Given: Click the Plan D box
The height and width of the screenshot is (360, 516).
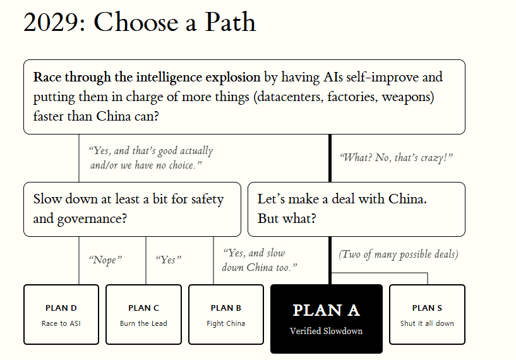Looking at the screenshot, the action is (61, 315).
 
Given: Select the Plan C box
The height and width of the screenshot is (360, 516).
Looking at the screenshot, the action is (143, 315).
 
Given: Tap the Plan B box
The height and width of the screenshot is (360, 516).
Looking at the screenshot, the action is (226, 315).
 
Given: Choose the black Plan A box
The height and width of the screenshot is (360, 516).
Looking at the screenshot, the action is (327, 319).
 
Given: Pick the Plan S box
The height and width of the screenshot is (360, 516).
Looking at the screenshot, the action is (427, 315).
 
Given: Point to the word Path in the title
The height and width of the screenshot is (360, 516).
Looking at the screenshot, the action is (231, 22).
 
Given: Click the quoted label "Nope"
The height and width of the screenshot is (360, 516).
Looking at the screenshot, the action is (105, 260).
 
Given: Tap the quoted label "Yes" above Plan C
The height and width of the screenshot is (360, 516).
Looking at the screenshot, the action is (169, 260).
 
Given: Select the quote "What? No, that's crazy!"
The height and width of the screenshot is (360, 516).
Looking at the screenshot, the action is (396, 158).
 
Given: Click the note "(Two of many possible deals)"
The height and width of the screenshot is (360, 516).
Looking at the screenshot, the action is (399, 255).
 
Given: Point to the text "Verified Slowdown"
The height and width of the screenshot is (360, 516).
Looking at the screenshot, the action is (326, 331).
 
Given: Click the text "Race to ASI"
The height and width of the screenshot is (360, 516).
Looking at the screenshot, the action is (61, 323).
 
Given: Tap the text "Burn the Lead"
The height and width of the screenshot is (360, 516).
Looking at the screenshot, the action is (143, 323).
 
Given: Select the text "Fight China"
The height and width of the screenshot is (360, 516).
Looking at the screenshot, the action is (225, 323).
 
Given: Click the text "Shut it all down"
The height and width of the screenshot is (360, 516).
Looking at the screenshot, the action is (427, 323).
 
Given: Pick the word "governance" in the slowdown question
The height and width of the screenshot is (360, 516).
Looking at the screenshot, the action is (92, 219).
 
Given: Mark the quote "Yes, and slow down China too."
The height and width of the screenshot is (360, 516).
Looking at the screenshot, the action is (260, 260).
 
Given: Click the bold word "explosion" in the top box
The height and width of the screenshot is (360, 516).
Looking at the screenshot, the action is (233, 78).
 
